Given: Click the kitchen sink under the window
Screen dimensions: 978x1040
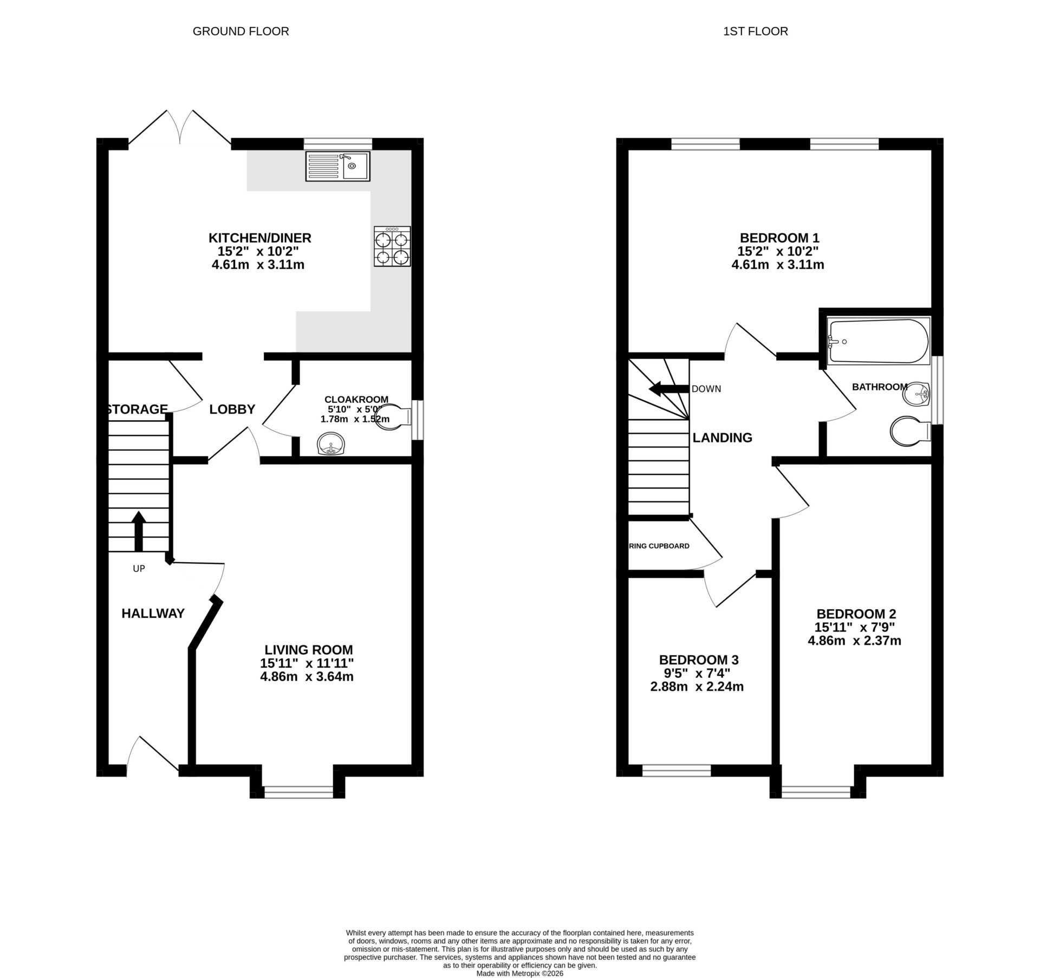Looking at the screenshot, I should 337,166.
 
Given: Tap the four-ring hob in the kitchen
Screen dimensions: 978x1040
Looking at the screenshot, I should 392,247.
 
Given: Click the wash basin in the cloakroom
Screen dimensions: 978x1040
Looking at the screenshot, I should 330,444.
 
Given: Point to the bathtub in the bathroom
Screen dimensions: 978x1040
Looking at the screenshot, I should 879,341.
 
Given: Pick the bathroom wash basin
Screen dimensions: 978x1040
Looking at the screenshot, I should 916,394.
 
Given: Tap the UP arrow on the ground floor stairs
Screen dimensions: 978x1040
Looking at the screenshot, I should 139,531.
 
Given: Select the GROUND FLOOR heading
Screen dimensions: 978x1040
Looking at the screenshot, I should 240,31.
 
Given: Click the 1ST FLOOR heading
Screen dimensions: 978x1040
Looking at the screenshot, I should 755,31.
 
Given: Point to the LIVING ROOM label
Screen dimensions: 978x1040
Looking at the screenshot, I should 309,650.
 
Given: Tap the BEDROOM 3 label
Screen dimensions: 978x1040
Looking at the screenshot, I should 699,660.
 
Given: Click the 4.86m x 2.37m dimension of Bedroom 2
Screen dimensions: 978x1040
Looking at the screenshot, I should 854,641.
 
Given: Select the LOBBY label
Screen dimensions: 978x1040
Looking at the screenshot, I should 232,409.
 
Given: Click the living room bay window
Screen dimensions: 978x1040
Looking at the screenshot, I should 298,792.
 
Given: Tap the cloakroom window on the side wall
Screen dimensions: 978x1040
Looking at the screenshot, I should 418,420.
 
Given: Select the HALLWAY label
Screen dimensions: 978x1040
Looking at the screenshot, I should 153,614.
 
